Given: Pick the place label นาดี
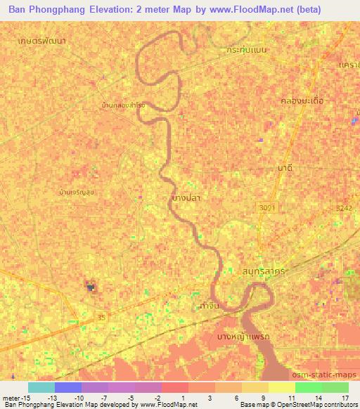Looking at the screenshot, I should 285,169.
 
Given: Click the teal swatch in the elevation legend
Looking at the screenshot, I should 41,387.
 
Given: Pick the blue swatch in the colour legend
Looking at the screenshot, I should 68,387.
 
